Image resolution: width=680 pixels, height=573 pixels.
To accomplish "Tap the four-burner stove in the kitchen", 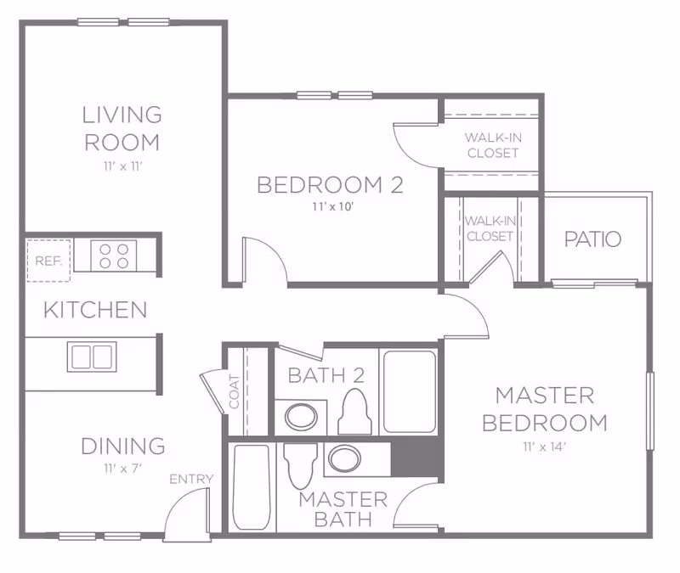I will click(113, 256).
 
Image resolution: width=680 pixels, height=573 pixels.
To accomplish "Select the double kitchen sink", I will click(92, 357).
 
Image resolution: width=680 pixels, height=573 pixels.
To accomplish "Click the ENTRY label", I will click(191, 480).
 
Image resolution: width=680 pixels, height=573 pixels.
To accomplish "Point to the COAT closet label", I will click(235, 391).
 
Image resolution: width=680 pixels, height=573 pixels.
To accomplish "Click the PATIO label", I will click(592, 239).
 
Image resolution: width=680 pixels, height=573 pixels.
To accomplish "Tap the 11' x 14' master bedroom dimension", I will click(544, 447).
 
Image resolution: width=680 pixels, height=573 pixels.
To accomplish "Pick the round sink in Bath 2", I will click(299, 416).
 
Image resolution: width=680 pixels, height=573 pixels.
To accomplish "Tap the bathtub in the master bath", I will click(252, 487).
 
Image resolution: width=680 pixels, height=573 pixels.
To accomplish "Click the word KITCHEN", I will click(95, 309).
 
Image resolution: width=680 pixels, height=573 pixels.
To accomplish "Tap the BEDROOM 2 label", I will click(330, 185).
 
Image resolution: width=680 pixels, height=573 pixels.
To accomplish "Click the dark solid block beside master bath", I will click(416, 458).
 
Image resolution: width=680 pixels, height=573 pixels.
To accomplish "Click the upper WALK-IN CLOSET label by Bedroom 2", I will click(491, 145).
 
